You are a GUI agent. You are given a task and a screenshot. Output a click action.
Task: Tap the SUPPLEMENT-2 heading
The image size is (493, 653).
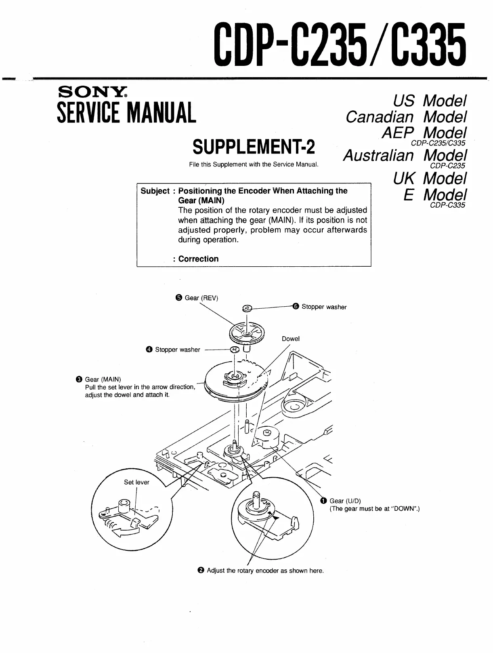click(254, 147)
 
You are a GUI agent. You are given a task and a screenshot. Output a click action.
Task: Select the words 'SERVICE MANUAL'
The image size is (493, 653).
click(126, 112)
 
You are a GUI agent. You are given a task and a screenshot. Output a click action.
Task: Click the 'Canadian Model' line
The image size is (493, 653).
click(406, 117)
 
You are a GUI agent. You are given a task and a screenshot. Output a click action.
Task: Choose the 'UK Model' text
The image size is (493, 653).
click(430, 178)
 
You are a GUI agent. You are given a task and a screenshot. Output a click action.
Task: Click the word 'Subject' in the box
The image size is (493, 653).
click(155, 191)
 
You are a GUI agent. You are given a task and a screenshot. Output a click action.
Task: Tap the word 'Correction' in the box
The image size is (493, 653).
click(198, 259)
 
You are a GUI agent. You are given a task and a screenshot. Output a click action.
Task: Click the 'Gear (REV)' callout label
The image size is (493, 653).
click(201, 298)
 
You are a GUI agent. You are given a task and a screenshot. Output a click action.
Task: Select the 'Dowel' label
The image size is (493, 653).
click(291, 339)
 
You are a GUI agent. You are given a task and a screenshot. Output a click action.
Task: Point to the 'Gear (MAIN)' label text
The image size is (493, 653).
click(103, 379)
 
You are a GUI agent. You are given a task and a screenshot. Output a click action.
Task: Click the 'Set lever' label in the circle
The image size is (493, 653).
click(136, 482)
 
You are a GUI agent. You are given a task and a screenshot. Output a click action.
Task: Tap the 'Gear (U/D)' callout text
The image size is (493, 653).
click(345, 501)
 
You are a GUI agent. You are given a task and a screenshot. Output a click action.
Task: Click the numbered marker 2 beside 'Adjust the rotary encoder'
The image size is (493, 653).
click(201, 571)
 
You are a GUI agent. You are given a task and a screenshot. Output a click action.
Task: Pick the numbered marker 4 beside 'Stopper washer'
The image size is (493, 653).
click(149, 350)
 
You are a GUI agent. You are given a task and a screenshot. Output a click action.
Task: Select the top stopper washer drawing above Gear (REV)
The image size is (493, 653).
click(247, 309)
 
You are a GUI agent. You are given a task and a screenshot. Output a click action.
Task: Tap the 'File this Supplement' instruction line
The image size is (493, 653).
click(254, 164)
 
